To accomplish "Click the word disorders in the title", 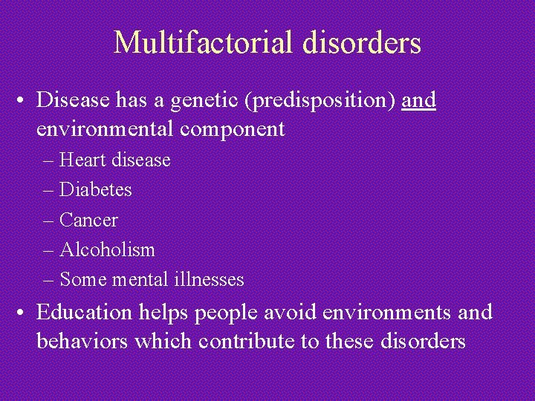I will [x=363, y=43].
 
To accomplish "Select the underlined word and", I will [x=418, y=100].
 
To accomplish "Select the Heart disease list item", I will [x=114, y=160].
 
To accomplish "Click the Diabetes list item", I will [x=95, y=190].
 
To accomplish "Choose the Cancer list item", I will [x=88, y=220].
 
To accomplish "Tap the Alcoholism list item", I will [x=107, y=250].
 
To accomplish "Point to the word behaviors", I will [x=86, y=342].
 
